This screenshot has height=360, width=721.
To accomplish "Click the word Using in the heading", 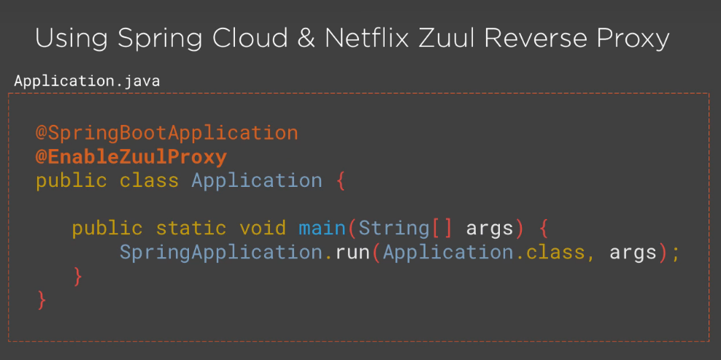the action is click(69, 38).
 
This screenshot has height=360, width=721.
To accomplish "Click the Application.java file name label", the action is click(87, 81).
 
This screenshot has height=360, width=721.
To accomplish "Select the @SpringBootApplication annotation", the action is click(167, 133).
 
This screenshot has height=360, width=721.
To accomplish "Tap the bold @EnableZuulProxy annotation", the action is click(131, 157).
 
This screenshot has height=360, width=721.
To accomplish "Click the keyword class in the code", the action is click(149, 180).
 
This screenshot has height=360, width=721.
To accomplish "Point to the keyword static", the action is click(191, 228).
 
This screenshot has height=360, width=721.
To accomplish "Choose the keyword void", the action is click(263, 228).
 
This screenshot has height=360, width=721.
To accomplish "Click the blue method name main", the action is click(323, 228).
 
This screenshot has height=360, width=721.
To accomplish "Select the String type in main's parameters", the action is click(394, 228).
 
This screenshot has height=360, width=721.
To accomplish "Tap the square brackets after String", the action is click(442, 228).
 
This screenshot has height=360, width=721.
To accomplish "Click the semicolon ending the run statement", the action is click(676, 253).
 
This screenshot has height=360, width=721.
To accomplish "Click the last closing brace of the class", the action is click(42, 299).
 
